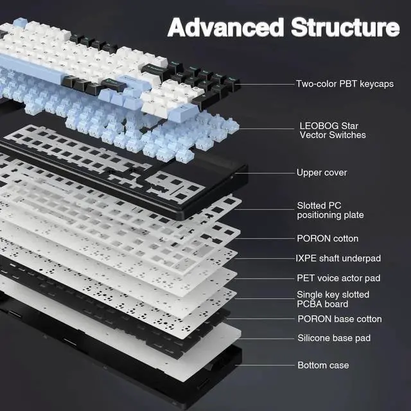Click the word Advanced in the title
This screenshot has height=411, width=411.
(225, 27)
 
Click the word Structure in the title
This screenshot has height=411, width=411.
(345, 27)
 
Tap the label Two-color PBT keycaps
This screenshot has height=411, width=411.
(345, 84)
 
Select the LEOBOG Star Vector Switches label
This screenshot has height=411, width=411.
(333, 130)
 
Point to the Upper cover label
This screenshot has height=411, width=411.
(322, 173)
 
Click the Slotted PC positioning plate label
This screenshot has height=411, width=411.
(330, 210)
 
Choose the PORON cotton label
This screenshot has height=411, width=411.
(328, 238)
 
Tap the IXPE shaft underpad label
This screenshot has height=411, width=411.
(338, 258)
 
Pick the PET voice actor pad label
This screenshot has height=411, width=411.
(338, 278)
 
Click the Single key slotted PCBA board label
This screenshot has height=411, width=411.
(333, 299)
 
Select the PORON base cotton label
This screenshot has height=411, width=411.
(340, 319)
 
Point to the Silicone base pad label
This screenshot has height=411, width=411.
(334, 338)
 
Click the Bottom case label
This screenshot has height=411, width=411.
(323, 365)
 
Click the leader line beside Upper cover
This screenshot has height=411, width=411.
(265, 173)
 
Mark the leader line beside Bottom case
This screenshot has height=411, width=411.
(265, 365)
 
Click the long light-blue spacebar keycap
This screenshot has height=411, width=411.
(31, 69)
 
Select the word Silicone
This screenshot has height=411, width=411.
(313, 338)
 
